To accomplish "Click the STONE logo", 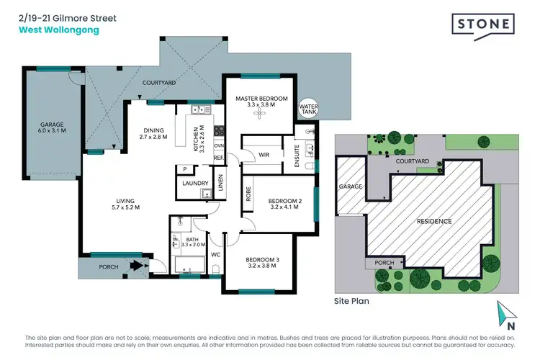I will pos(483,24).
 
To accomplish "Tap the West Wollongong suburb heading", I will pos(49,30).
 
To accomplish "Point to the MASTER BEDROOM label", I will pos(261,98).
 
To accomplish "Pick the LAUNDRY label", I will pos(195,184).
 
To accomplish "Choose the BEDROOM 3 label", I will pos(260,259).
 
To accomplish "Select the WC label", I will pos(215,255).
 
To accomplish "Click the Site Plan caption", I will pos(351,302).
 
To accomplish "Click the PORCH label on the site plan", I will pos(384,263).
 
